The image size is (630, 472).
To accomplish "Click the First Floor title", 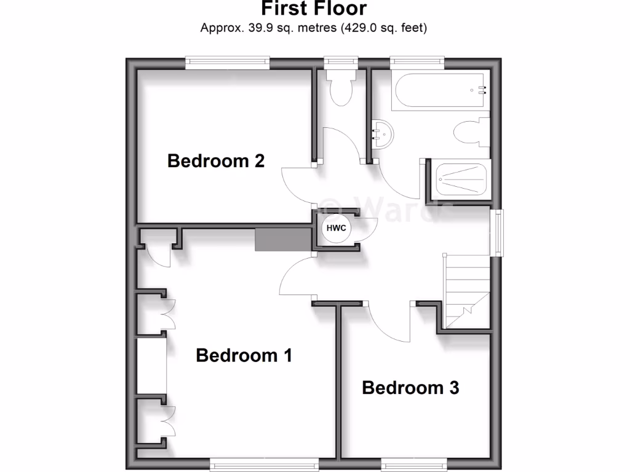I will coord(314,9).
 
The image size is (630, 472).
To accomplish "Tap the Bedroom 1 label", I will coord(244,355).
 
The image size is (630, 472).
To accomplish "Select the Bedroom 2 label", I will coord(216,161).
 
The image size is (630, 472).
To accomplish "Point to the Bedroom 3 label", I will coord(410,388).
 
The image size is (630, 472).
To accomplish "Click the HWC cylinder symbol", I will coord(336,228).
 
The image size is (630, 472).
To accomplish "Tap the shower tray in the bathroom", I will coord(461,178).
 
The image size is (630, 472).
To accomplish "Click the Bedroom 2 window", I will coord(228,61).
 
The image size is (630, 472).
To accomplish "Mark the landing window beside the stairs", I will coord(498,233).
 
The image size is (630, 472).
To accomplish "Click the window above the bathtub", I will coord(417,61).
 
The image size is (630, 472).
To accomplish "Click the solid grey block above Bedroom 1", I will coord(284,239).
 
